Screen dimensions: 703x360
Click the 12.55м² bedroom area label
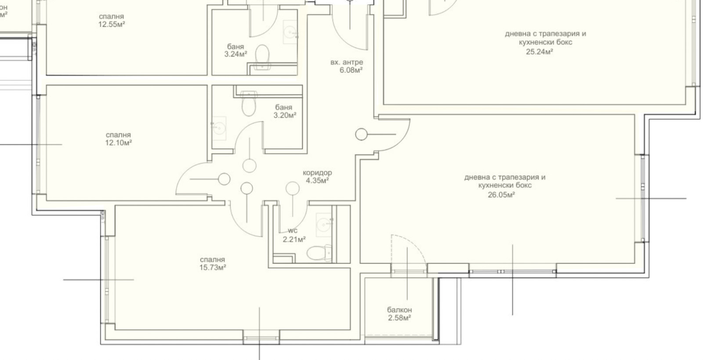[112, 25]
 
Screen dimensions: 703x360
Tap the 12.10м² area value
[118, 143]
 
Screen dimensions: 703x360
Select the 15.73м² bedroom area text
[213, 268]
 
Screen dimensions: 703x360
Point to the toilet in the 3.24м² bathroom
[262, 57]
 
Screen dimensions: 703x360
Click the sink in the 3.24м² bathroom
[290, 32]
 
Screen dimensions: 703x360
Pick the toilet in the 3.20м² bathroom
[249, 103]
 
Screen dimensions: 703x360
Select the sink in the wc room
[324, 225]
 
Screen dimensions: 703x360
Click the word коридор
[317, 173]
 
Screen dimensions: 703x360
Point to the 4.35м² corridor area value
[317, 181]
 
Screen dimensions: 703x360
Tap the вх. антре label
[347, 62]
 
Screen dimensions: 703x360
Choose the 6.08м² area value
[351, 70]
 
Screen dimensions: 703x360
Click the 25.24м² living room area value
[539, 52]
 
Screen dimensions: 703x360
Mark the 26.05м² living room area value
[501, 195]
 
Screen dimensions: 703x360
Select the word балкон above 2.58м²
[399, 310]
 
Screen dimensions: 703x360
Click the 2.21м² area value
[294, 240]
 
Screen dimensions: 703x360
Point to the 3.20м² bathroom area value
[285, 116]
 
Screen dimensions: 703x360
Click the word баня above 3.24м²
[236, 47]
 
